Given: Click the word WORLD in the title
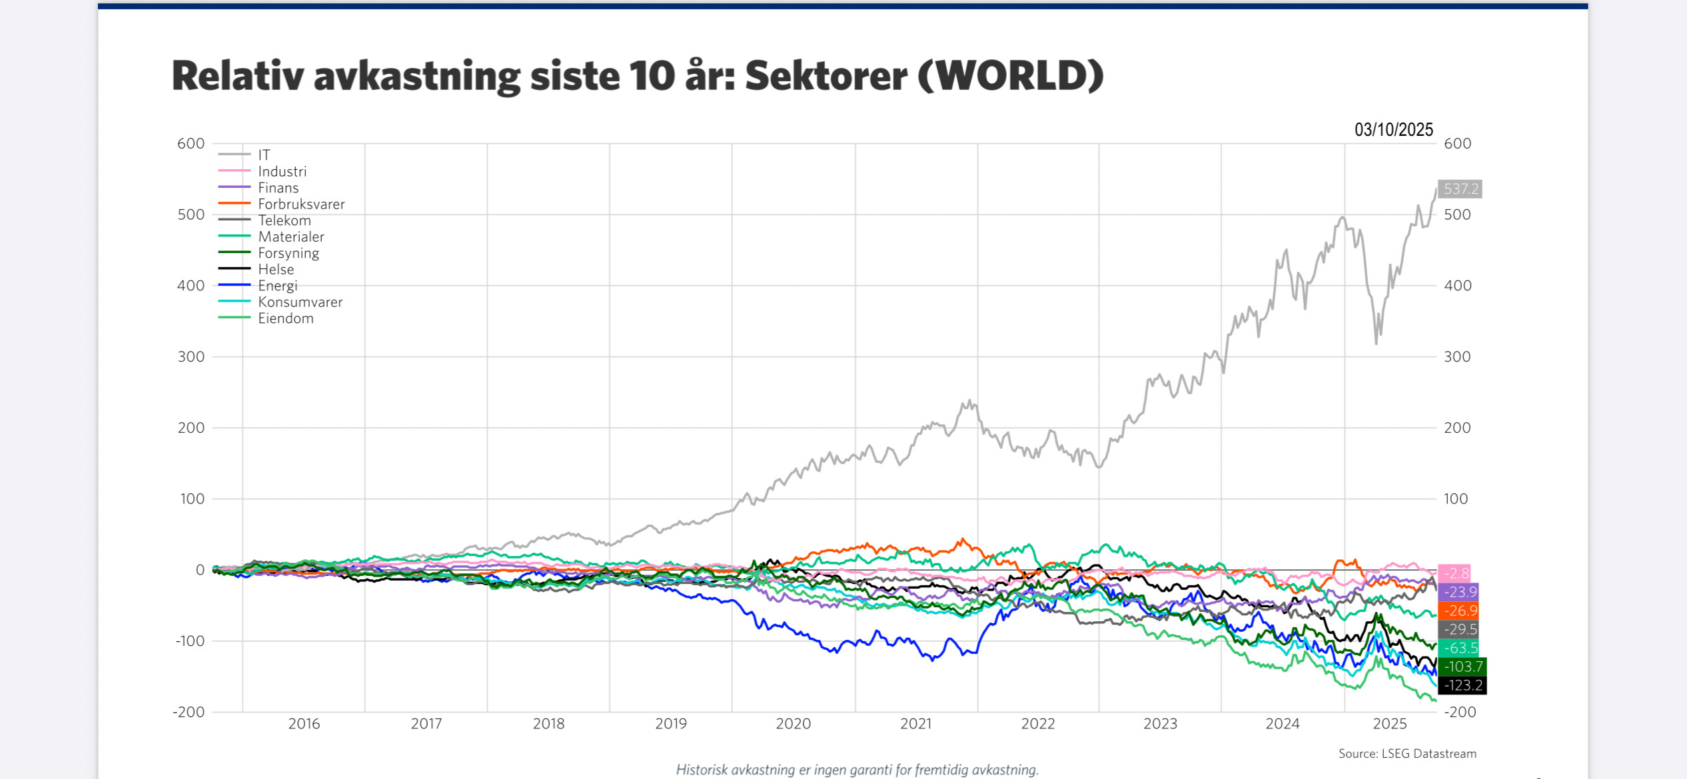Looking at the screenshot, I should [x=1010, y=75].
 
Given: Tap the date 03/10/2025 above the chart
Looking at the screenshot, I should [x=1393, y=129].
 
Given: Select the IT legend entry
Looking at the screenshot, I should [x=264, y=154].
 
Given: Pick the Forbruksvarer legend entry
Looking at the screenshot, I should [x=301, y=204].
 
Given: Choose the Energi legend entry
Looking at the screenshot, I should [x=277, y=286].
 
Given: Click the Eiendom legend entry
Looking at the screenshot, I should [x=285, y=318].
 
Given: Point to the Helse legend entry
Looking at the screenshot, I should [x=276, y=269].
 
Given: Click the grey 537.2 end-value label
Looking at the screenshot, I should [x=1460, y=189].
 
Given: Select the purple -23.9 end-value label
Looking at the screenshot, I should [x=1458, y=592].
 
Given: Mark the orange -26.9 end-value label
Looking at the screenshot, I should [x=1458, y=611].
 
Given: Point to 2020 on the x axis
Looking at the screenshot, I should [x=793, y=724].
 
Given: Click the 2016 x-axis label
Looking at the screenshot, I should [x=304, y=724].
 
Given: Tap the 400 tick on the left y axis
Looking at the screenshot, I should [x=191, y=286].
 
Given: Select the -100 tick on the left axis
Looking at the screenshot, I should [x=190, y=641].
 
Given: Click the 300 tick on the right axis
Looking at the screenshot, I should [x=1457, y=357].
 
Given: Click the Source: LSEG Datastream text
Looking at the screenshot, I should [x=1407, y=754].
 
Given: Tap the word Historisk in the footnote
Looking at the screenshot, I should [x=702, y=770].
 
